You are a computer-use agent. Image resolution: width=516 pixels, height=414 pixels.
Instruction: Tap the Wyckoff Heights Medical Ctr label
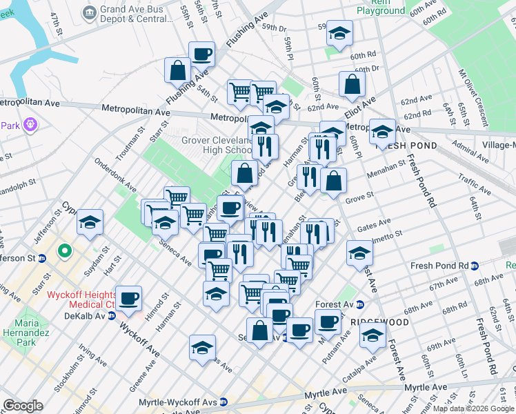point(81,299)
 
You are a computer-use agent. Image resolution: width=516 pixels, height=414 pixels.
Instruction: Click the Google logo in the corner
point(23,406)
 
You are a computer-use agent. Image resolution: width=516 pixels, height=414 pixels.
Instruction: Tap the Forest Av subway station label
point(338,304)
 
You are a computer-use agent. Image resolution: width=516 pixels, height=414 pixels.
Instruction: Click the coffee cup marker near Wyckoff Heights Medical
point(129,299)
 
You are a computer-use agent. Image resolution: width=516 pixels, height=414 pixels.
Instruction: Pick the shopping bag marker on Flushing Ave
point(178,70)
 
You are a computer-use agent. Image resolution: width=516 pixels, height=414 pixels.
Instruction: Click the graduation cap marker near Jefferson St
point(90,222)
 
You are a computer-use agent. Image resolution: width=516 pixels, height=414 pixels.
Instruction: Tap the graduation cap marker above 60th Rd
point(339,33)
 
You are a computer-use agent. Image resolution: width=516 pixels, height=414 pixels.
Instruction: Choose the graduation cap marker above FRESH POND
point(382,129)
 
